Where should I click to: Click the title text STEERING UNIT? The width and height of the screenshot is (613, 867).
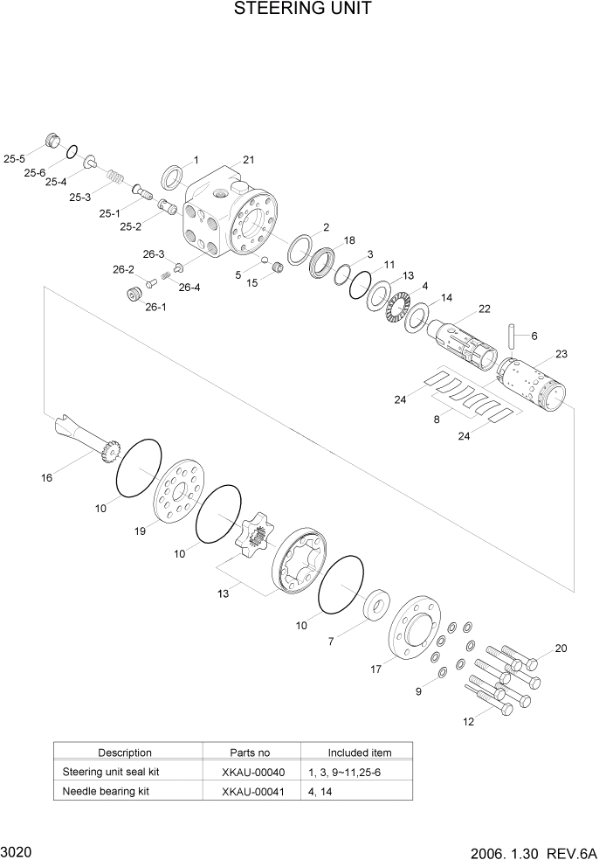coord(303,10)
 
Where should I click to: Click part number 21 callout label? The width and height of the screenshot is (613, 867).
coord(248,160)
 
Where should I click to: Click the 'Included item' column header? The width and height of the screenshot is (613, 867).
coord(359,753)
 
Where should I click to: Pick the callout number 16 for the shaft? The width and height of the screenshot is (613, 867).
coord(47,478)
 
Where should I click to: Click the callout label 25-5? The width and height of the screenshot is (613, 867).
coord(15,159)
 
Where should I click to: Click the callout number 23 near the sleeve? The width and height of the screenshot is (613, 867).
coord(561,354)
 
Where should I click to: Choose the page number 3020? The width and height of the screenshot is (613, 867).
coord(17,850)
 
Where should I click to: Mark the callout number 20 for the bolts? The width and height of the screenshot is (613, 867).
coord(561,649)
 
